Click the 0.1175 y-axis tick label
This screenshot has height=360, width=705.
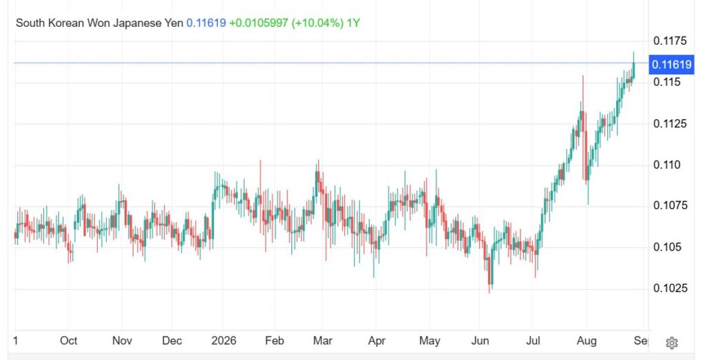pos(670,41)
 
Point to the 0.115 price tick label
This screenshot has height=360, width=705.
pos(666,82)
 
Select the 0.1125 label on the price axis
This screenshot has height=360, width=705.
pos(670,124)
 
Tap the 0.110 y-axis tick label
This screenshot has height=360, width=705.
pos(666,165)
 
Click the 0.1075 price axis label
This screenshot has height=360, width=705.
pos(670,206)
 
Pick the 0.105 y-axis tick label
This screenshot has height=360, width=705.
pos(666,247)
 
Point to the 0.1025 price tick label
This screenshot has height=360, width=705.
pos(670,288)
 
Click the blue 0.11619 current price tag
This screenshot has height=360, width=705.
pos(672,65)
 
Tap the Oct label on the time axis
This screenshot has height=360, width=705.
pos(68,341)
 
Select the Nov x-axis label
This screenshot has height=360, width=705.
pos(122,341)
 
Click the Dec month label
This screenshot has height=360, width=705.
pos(171,341)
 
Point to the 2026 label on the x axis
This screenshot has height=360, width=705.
pos(224,341)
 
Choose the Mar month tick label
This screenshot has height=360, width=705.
pos(322,341)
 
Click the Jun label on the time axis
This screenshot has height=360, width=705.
pos(480,341)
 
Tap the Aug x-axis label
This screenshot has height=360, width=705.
pos(587,341)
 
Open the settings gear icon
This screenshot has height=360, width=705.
pos(672,343)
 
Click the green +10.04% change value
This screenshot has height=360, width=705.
pos(318,23)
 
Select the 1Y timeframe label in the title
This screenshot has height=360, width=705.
pos(353,23)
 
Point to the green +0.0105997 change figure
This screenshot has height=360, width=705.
pos(259,23)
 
